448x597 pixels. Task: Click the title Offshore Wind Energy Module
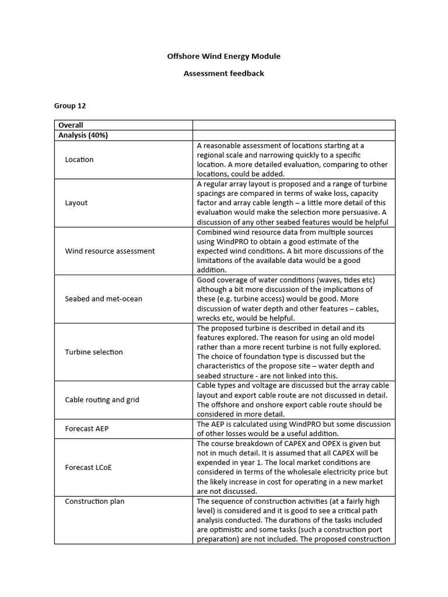click(223, 57)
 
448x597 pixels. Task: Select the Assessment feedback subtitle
click(223, 73)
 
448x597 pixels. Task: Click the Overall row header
click(71, 125)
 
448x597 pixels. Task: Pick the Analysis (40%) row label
click(83, 135)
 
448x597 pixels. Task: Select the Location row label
click(79, 160)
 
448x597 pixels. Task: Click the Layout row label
click(76, 203)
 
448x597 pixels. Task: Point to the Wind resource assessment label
click(110, 251)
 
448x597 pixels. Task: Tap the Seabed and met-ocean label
click(103, 299)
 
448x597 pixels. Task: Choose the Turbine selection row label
click(94, 352)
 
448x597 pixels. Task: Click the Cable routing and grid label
click(102, 400)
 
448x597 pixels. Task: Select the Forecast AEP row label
click(87, 429)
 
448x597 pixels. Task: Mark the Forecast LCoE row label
click(88, 468)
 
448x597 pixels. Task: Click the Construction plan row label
click(94, 501)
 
